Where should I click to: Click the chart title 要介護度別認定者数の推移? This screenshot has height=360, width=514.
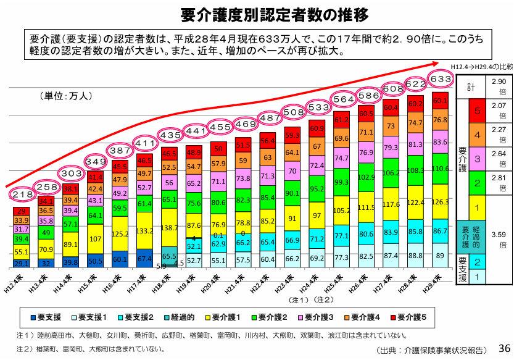tap(257, 14)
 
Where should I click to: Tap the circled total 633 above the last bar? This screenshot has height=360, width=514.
tap(441, 80)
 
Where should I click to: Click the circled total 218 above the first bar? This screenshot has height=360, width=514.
tap(23, 195)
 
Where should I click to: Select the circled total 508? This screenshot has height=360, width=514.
tap(293, 112)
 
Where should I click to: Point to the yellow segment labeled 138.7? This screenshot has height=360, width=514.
tap(170, 228)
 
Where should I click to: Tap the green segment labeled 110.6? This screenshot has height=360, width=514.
tap(441, 169)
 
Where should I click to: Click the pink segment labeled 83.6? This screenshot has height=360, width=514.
tap(441, 141)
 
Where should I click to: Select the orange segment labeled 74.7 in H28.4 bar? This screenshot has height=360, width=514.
tap(416, 123)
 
